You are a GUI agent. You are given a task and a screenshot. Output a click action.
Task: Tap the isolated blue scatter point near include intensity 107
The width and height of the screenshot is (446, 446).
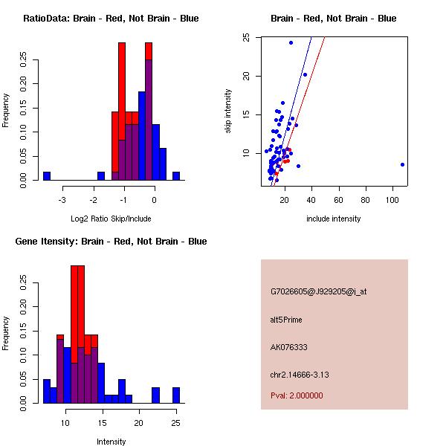tap(402, 164)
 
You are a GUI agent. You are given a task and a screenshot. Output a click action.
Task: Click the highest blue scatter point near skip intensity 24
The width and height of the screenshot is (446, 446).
tap(291, 42)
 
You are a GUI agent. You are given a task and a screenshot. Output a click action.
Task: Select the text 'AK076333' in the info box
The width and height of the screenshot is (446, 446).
tap(289, 347)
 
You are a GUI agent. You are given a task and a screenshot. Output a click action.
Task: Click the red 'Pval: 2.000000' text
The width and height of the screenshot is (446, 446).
tap(297, 395)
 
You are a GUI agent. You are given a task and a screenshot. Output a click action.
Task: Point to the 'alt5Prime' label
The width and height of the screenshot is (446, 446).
tap(286, 320)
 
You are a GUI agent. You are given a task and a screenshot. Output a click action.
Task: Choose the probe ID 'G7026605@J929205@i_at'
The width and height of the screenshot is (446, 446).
tap(318, 291)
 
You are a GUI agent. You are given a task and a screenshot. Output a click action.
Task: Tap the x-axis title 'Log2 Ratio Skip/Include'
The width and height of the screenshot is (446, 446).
tap(111, 219)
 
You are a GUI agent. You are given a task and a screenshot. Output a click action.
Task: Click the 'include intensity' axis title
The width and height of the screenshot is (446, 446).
tap(333, 219)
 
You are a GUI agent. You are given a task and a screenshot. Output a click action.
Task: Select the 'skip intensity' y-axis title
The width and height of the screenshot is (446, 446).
tap(228, 111)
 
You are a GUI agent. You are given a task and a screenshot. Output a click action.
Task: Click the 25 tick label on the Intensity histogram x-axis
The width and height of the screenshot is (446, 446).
tap(175, 423)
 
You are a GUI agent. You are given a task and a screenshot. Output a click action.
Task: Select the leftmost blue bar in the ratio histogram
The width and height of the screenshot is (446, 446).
tap(47, 175)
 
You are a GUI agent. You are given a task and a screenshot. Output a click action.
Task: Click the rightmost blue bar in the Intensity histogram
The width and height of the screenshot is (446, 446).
tap(176, 395)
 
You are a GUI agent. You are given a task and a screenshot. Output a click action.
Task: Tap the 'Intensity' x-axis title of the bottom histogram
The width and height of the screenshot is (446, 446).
tap(111, 442)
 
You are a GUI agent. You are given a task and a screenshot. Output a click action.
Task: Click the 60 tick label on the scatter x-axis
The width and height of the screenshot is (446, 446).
tap(339, 200)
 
